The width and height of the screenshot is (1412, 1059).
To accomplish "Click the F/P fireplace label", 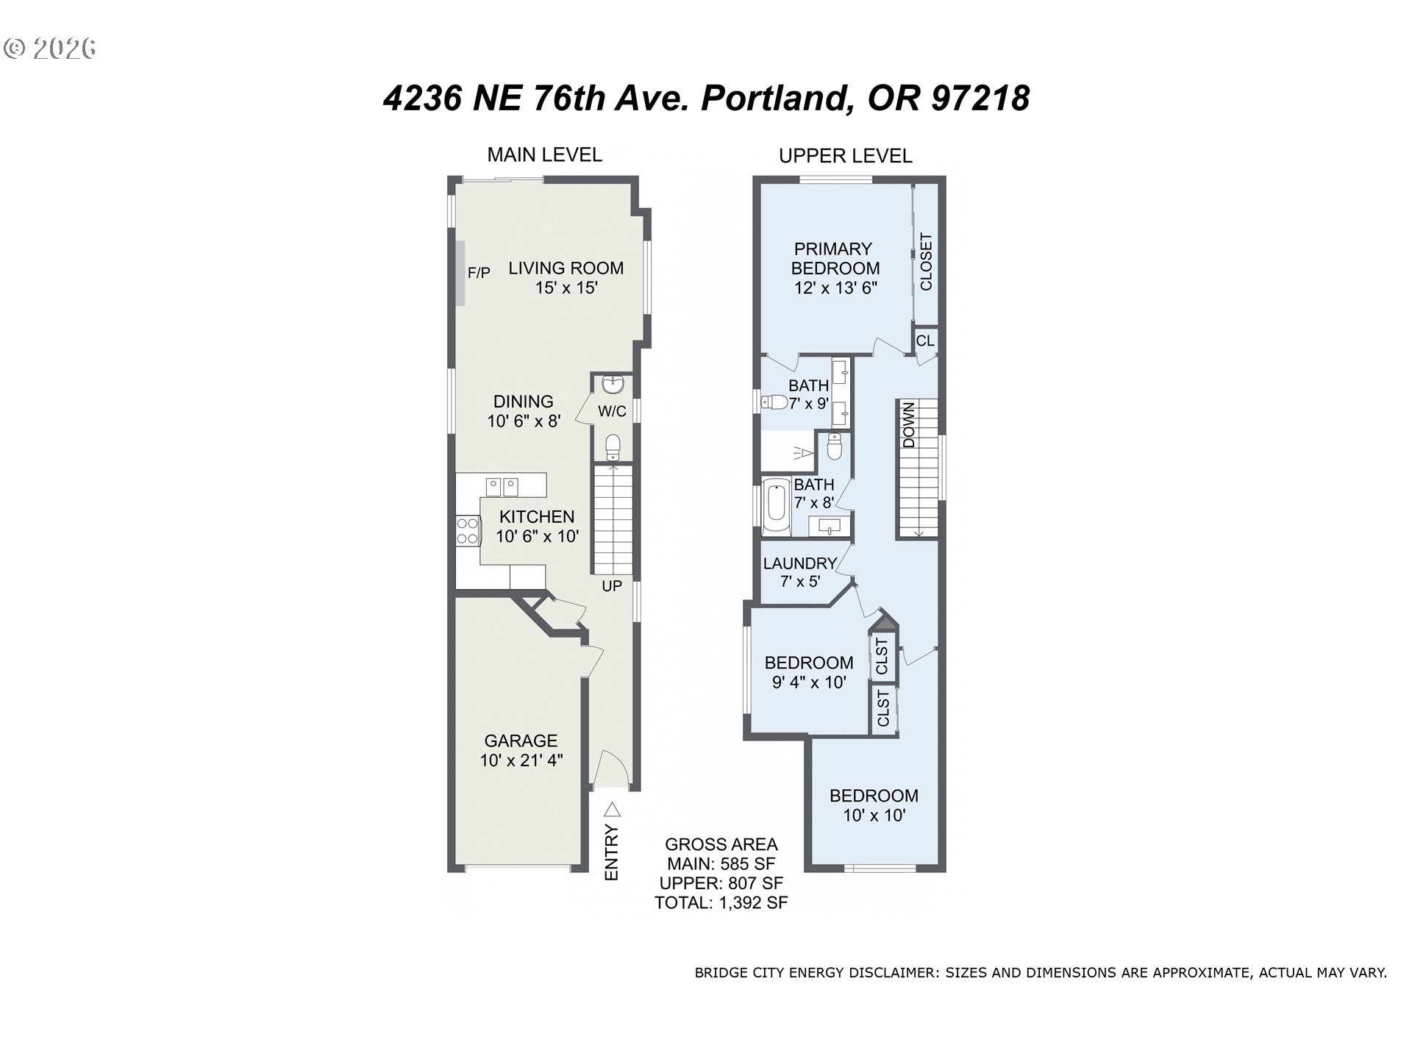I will pyautogui.click(x=479, y=273).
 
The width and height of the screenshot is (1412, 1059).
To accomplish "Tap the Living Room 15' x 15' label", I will pyautogui.click(x=566, y=278).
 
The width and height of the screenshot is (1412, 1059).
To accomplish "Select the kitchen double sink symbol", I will pyautogui.click(x=502, y=486).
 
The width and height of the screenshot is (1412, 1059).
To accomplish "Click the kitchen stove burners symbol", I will pyautogui.click(x=467, y=531).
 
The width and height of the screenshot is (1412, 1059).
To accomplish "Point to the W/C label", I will pyautogui.click(x=612, y=411).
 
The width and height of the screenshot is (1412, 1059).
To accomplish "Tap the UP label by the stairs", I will pyautogui.click(x=612, y=586).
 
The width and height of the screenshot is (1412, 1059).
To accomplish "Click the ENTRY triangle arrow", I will pyautogui.click(x=612, y=810).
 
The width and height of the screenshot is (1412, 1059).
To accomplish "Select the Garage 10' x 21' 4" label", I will pyautogui.click(x=521, y=750).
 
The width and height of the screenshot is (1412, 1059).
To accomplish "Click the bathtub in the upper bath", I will pyautogui.click(x=775, y=507).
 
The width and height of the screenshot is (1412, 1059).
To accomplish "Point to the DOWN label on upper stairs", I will pyautogui.click(x=909, y=425).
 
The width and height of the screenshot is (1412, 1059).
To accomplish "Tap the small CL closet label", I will pyautogui.click(x=924, y=340).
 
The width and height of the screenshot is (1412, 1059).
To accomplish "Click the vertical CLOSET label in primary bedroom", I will pyautogui.click(x=926, y=262).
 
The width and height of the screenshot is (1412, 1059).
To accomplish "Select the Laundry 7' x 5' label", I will pyautogui.click(x=800, y=572).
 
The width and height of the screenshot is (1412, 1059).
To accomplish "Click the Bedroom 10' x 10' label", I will pyautogui.click(x=874, y=805).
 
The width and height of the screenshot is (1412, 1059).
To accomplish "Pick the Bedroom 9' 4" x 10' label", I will pyautogui.click(x=809, y=672).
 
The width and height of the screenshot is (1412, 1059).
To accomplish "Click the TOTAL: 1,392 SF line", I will pyautogui.click(x=721, y=903).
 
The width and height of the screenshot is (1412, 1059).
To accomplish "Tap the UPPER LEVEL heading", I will pyautogui.click(x=845, y=156).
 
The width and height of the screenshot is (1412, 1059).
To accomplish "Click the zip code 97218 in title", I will pyautogui.click(x=980, y=99).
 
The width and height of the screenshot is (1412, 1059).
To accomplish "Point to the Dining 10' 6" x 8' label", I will pyautogui.click(x=524, y=411).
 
